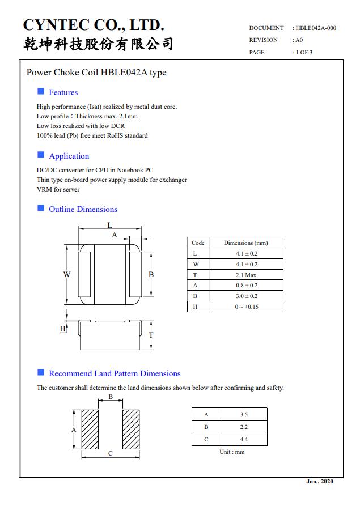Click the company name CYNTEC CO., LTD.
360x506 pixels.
pos(94,25)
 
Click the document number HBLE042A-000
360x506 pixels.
pos(316,28)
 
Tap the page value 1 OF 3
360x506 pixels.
pos(303,53)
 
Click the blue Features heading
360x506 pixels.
pos(63,92)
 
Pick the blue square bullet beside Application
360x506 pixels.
pos(41,155)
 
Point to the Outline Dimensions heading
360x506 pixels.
pos(83,209)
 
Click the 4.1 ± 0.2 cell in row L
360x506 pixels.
pos(246,254)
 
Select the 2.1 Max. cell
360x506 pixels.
pos(246,275)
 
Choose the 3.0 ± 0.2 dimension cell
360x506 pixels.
pos(246,296)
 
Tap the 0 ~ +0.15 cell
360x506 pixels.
pos(246,307)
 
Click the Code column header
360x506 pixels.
pos(198,243)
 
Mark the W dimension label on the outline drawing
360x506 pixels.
pos(67,274)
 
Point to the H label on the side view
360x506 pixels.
pos(63,329)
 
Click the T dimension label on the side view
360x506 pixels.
pos(151,335)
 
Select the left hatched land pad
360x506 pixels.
pos(90,430)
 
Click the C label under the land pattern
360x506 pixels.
pos(111,453)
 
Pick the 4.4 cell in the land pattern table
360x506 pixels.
pos(244,439)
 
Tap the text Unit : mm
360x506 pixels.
pos(232,452)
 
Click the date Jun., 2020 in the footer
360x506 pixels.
pos(320,482)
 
